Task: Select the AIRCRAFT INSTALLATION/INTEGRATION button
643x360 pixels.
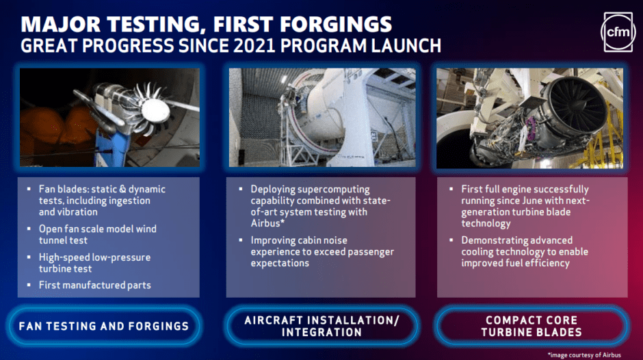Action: click(x=321, y=326)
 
